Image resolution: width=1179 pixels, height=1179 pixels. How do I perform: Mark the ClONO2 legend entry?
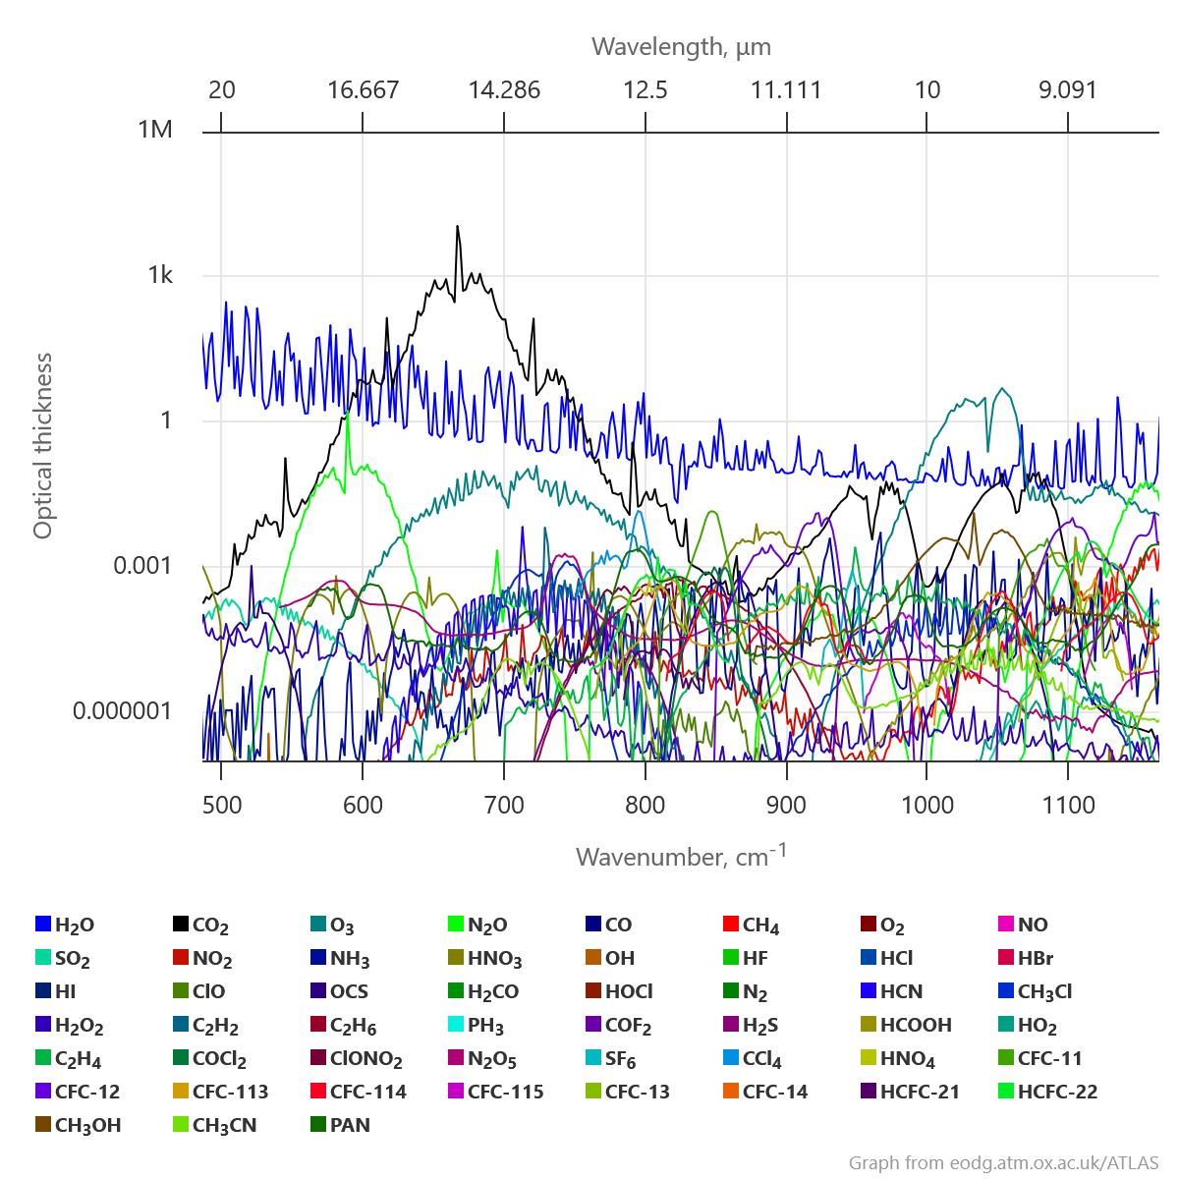point(365,1059)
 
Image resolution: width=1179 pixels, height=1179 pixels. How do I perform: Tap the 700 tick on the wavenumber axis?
point(504,806)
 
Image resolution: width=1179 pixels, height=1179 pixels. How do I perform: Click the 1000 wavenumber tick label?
point(927,806)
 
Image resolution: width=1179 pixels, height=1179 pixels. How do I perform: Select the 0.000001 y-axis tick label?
point(122,710)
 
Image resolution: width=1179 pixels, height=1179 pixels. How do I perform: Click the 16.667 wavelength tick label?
point(363,90)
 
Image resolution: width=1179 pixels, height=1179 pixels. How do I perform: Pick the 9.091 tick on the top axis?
point(1068,90)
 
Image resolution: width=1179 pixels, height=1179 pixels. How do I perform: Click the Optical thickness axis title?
point(42,446)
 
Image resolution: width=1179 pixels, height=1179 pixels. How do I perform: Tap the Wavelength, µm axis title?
point(681,46)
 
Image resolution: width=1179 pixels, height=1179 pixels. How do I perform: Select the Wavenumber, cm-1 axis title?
point(681,856)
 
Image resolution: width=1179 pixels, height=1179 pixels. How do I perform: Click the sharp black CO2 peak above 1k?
point(457,228)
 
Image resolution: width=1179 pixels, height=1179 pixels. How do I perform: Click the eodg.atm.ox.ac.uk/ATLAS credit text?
point(1003,1163)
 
